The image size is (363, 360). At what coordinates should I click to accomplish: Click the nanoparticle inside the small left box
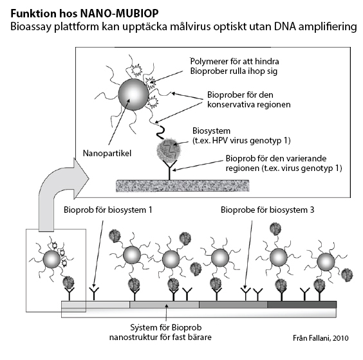click(x=53, y=259)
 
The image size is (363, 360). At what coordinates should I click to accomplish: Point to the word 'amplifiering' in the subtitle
click(x=327, y=28)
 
